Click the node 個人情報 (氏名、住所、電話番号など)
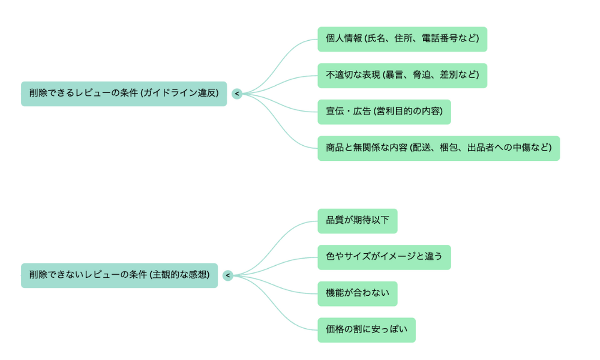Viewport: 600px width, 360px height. tap(402, 39)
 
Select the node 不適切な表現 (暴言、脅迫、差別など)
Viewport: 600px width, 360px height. tap(402, 76)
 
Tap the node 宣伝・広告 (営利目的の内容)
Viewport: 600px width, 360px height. tap(384, 112)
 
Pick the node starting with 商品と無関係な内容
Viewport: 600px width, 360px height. tap(439, 148)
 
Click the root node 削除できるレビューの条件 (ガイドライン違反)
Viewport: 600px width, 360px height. tap(124, 94)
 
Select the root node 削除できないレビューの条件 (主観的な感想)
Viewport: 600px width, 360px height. tap(119, 275)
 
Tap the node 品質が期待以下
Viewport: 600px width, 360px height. tap(357, 221)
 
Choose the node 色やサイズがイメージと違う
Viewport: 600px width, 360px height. tap(384, 257)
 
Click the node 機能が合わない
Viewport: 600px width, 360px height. tap(357, 293)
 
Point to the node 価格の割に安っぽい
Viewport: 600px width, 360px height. tap(366, 330)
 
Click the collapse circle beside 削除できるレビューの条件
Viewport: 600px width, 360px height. tap(237, 94)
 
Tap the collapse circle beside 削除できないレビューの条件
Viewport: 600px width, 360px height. tap(228, 275)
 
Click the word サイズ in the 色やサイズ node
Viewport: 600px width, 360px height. tap(358, 257)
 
